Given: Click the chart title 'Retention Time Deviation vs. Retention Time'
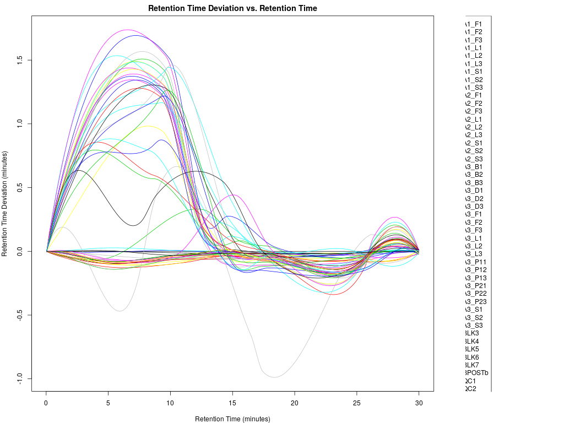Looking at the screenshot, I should (x=232, y=8).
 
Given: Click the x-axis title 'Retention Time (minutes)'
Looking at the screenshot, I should (x=232, y=419).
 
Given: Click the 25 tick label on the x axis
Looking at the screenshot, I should (x=356, y=403).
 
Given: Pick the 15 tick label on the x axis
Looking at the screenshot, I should (x=232, y=403).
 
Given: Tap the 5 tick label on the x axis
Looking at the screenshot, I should (x=109, y=403).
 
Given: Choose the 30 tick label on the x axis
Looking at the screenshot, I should (x=419, y=403).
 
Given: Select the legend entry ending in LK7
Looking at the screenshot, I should (x=472, y=365).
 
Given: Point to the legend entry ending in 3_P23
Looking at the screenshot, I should (x=476, y=302).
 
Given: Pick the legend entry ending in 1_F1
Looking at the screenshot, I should (x=474, y=24).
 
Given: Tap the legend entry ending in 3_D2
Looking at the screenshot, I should (x=474, y=198).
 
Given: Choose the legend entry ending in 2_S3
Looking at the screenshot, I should (x=474, y=159).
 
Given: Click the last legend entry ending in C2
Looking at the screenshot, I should (x=470, y=389).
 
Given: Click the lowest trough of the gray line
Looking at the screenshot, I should (x=274, y=377).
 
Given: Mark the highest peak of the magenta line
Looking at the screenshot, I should (x=127, y=30).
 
